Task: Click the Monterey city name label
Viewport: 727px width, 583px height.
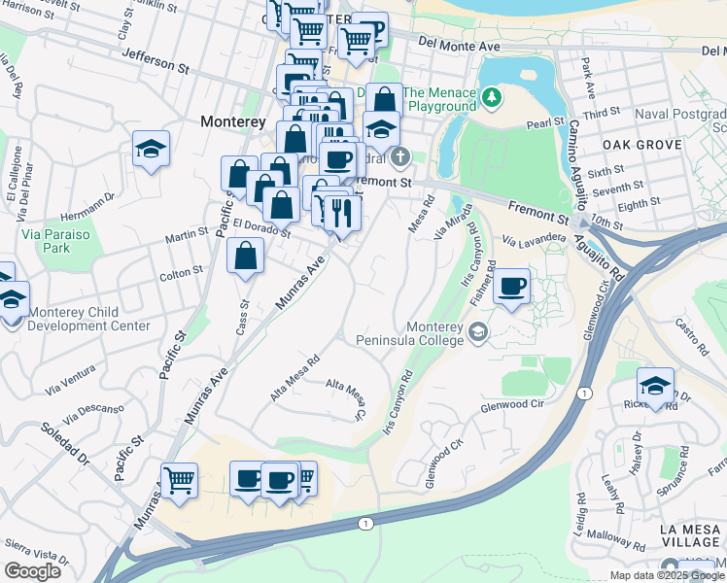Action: (x=232, y=121)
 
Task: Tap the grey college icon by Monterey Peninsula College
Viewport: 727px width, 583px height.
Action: (x=477, y=333)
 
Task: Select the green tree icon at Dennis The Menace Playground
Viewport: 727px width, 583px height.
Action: (x=493, y=96)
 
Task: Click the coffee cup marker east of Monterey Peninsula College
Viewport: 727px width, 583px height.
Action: (x=511, y=287)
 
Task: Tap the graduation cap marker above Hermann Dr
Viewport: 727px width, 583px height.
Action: (x=151, y=150)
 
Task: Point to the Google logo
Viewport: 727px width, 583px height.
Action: (x=32, y=571)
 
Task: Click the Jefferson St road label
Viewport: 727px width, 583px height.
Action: (x=156, y=61)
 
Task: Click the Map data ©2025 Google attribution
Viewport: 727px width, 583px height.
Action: (x=666, y=575)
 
